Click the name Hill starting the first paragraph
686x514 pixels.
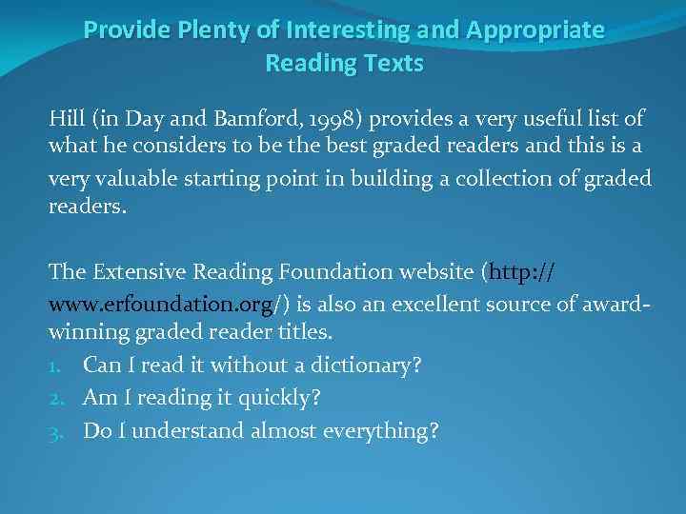click(x=66, y=119)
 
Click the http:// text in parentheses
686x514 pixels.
click(x=522, y=271)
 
